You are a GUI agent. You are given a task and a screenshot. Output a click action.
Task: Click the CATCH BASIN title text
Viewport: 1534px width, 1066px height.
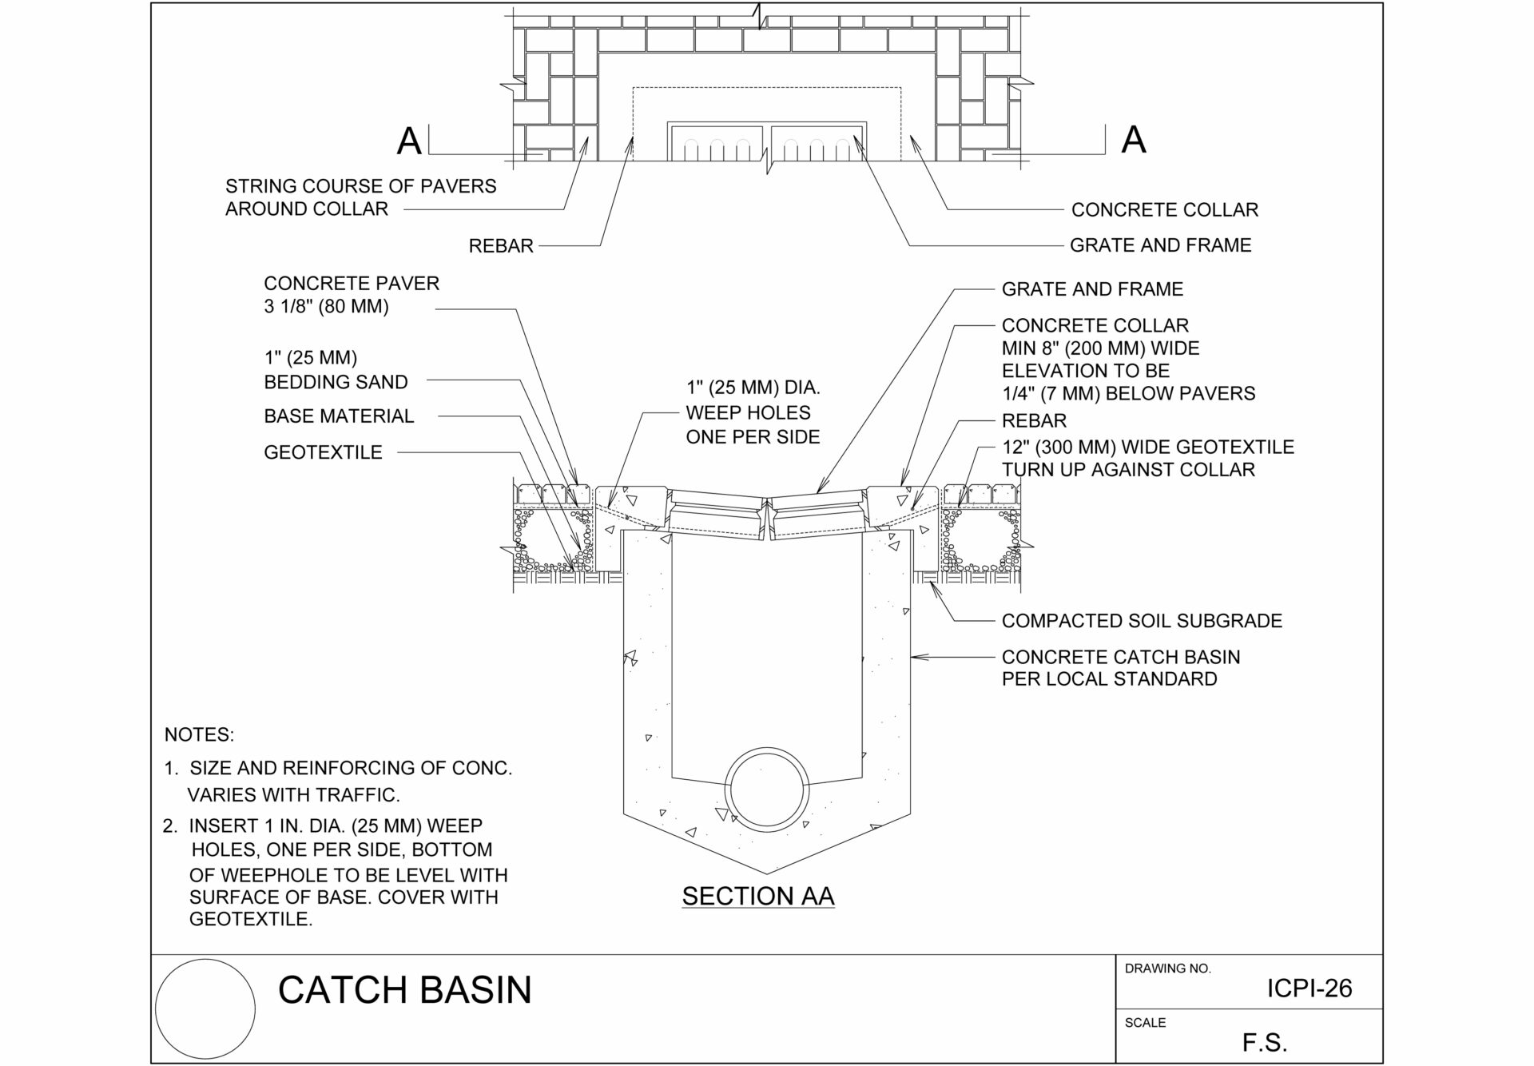pyautogui.click(x=404, y=989)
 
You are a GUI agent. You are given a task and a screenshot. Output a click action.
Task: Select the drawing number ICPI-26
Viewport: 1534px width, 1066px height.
pyautogui.click(x=1309, y=988)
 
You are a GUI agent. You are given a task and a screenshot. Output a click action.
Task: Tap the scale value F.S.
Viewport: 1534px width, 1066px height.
pyautogui.click(x=1265, y=1042)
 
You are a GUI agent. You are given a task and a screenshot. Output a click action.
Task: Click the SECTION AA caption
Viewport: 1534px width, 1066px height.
pyautogui.click(x=757, y=896)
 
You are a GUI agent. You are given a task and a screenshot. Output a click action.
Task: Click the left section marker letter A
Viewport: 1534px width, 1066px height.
pyautogui.click(x=409, y=141)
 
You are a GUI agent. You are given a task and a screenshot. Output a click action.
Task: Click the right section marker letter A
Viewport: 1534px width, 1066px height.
pyautogui.click(x=1134, y=140)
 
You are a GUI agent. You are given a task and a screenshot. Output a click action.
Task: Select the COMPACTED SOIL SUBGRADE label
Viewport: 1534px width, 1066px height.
pyautogui.click(x=1141, y=621)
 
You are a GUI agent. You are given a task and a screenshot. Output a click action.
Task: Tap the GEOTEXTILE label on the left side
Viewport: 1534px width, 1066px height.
pyautogui.click(x=323, y=452)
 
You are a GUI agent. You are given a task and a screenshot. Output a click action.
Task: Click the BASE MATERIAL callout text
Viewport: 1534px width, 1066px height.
pyautogui.click(x=339, y=416)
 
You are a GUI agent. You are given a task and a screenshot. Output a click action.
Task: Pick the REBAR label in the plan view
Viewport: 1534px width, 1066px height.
pyautogui.click(x=501, y=246)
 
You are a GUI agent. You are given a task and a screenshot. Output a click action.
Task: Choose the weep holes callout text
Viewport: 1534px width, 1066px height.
pyautogui.click(x=753, y=412)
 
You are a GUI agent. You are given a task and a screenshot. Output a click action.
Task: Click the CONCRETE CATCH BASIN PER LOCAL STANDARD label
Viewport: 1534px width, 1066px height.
pyautogui.click(x=1120, y=668)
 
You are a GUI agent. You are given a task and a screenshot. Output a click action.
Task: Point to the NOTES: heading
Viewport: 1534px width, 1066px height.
pyautogui.click(x=199, y=734)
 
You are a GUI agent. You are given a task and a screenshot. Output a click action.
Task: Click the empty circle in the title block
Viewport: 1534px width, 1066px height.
pyautogui.click(x=205, y=1010)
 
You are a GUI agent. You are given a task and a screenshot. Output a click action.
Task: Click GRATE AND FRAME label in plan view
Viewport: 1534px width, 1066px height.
pyautogui.click(x=1160, y=245)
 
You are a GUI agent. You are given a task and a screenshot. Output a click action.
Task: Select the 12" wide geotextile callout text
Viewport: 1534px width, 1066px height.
pyautogui.click(x=1147, y=458)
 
